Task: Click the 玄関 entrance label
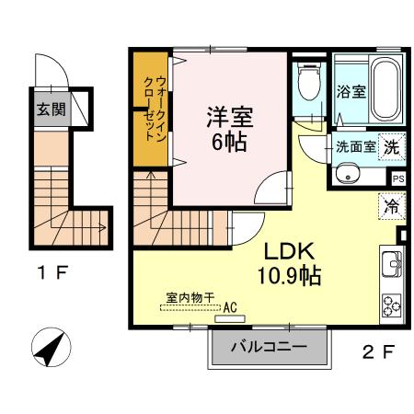pos(52,109)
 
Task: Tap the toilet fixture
pos(309,81)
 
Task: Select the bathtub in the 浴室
pos(385,87)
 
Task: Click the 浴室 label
pos(351,91)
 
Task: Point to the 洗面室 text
pos(356,147)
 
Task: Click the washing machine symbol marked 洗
pos(392,147)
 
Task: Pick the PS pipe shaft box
pos(398,178)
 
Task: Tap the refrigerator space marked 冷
pos(392,206)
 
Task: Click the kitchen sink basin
pos(392,263)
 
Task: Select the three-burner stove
pos(392,305)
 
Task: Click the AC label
pos(230,307)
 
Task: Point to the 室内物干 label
pos(190,297)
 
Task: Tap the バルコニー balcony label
pos(269,347)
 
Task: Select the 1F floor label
pos(52,272)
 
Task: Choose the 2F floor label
pos(378,351)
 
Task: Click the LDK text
pos(289,251)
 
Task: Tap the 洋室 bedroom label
pos(230,117)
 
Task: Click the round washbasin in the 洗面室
pos(348,173)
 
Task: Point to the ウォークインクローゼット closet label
pos(155,109)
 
